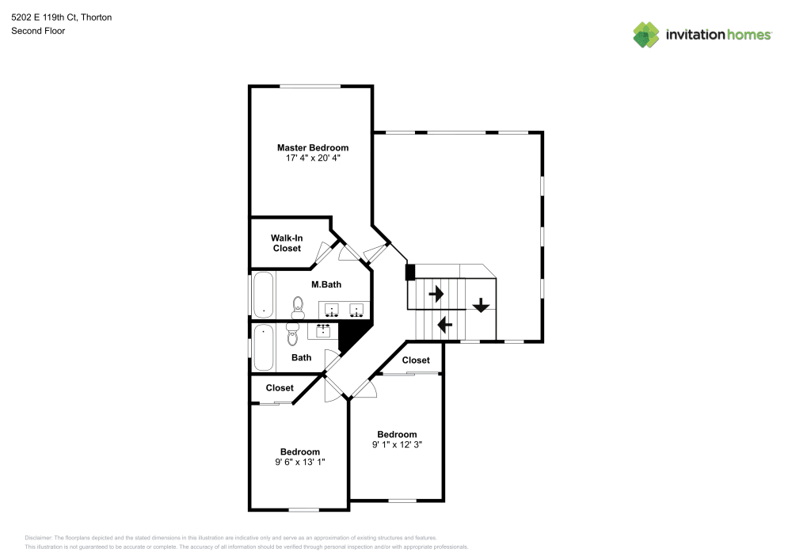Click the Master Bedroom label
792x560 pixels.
click(313, 147)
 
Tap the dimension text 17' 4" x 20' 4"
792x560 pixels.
click(313, 158)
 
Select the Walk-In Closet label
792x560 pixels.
click(287, 243)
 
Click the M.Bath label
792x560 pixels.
click(326, 284)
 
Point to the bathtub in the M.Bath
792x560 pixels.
click(263, 295)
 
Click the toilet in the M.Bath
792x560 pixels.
click(298, 307)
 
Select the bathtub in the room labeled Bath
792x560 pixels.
click(263, 348)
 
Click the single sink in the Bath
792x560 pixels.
click(323, 331)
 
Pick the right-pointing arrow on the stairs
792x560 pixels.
click(436, 293)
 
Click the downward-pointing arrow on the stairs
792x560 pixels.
click(481, 305)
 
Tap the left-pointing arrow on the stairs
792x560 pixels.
click(445, 324)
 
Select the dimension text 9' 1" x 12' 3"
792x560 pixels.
click(397, 444)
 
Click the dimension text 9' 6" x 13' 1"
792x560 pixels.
click(300, 462)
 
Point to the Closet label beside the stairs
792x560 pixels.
click(416, 360)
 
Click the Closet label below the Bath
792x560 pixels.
click(280, 388)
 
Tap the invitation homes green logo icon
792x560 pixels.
click(646, 35)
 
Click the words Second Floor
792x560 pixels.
click(38, 31)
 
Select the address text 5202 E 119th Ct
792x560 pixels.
click(44, 17)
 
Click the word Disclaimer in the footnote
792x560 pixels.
click(38, 538)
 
